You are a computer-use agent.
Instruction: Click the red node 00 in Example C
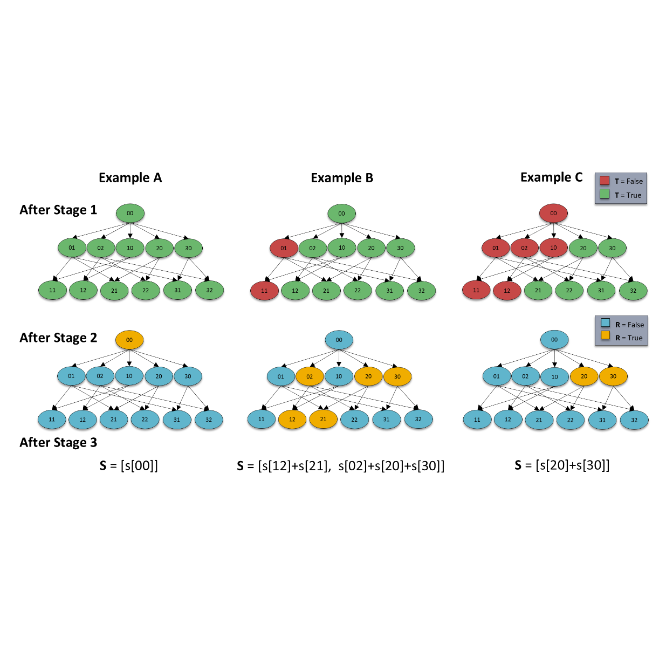(553, 214)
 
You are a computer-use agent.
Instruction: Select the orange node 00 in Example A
(129, 340)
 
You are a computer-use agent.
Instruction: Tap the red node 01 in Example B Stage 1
(284, 249)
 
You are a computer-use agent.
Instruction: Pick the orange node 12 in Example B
(292, 420)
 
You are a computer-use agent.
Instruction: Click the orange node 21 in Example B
(323, 419)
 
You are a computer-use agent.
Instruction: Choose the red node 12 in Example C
(507, 291)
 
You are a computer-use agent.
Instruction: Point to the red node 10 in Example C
(553, 248)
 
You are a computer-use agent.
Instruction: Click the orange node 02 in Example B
(310, 377)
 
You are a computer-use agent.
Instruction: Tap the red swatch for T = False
(605, 181)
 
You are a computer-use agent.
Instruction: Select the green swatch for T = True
(605, 194)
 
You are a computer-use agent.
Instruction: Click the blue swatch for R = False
(606, 323)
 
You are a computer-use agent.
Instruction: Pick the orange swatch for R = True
(606, 337)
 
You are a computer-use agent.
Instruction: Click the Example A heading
(130, 178)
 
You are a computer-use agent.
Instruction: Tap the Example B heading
(342, 178)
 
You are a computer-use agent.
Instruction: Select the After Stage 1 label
(58, 210)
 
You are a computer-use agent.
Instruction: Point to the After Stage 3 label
(58, 443)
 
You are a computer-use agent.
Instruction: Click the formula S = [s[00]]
(129, 465)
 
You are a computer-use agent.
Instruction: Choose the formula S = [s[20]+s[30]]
(562, 465)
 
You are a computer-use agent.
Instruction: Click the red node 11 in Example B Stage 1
(264, 291)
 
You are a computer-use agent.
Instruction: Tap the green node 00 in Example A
(130, 214)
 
